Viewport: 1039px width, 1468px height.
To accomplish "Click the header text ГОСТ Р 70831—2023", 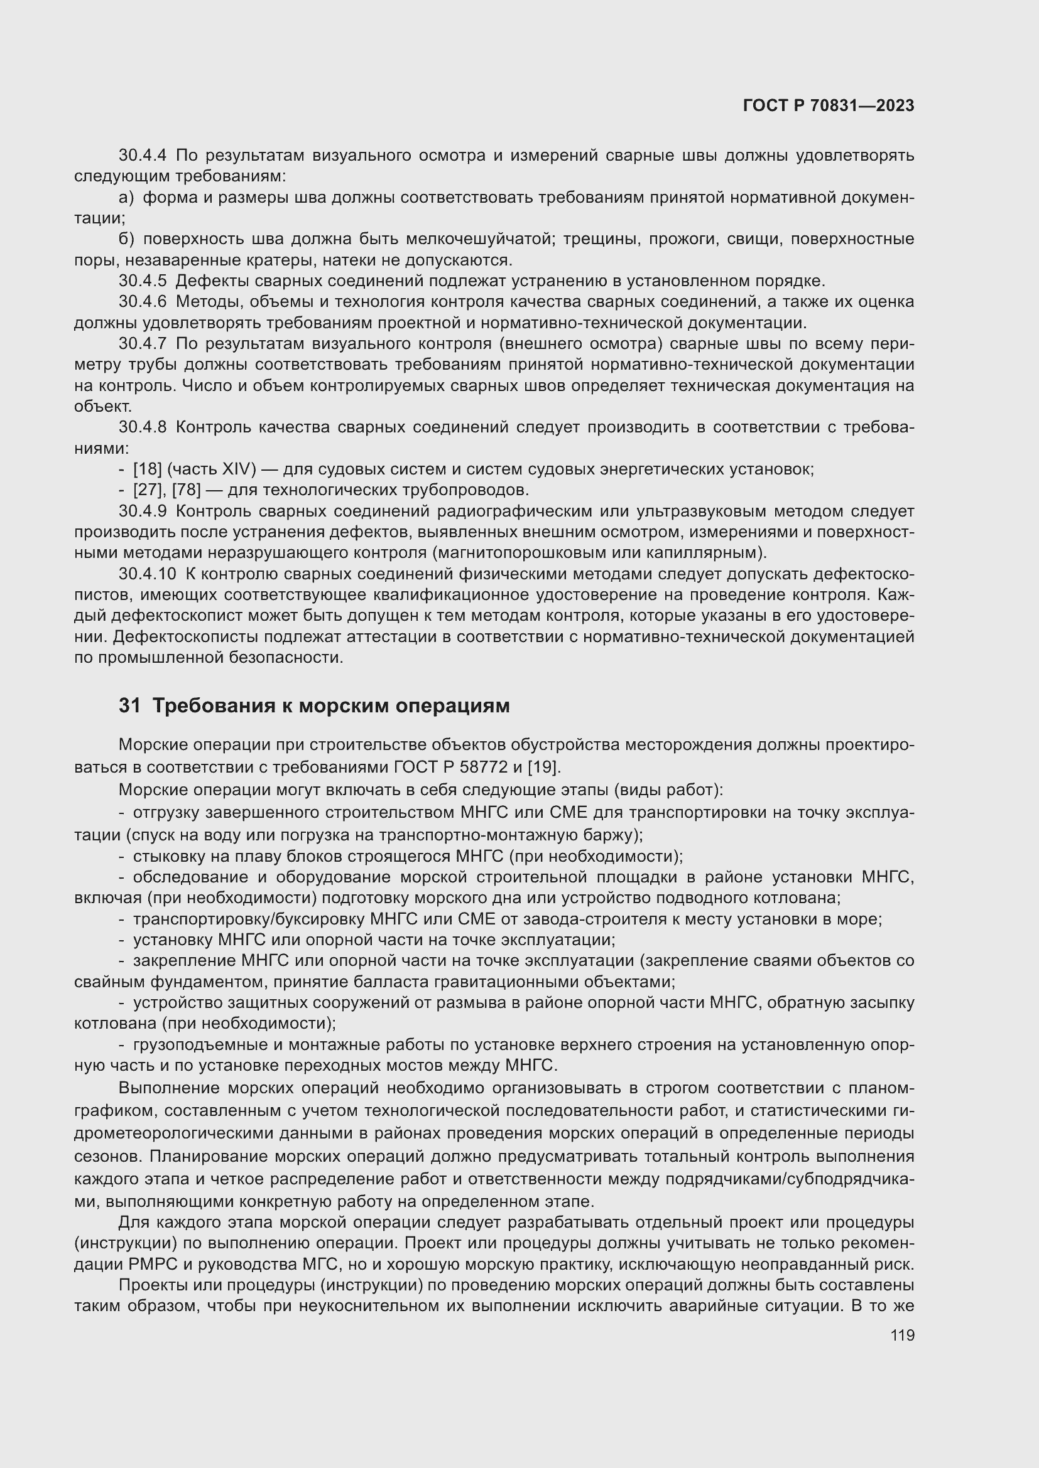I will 829,106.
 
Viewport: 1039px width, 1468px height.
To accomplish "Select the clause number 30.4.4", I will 142,156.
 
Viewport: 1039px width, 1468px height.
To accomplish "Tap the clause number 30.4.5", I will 142,281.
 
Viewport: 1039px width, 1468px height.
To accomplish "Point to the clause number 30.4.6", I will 142,302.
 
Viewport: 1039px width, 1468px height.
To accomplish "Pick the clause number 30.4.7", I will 142,344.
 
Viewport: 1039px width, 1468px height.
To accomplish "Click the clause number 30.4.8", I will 142,427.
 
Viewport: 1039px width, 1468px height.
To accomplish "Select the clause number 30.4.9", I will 142,512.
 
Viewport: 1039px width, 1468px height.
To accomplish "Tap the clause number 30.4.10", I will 147,574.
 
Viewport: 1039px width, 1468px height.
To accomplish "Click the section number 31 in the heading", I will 129,706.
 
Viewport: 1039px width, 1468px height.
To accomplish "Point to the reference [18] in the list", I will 147,469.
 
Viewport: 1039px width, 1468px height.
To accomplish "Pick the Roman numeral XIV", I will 239,469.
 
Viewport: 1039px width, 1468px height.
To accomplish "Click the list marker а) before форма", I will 127,198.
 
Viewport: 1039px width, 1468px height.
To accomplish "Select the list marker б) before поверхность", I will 127,239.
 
